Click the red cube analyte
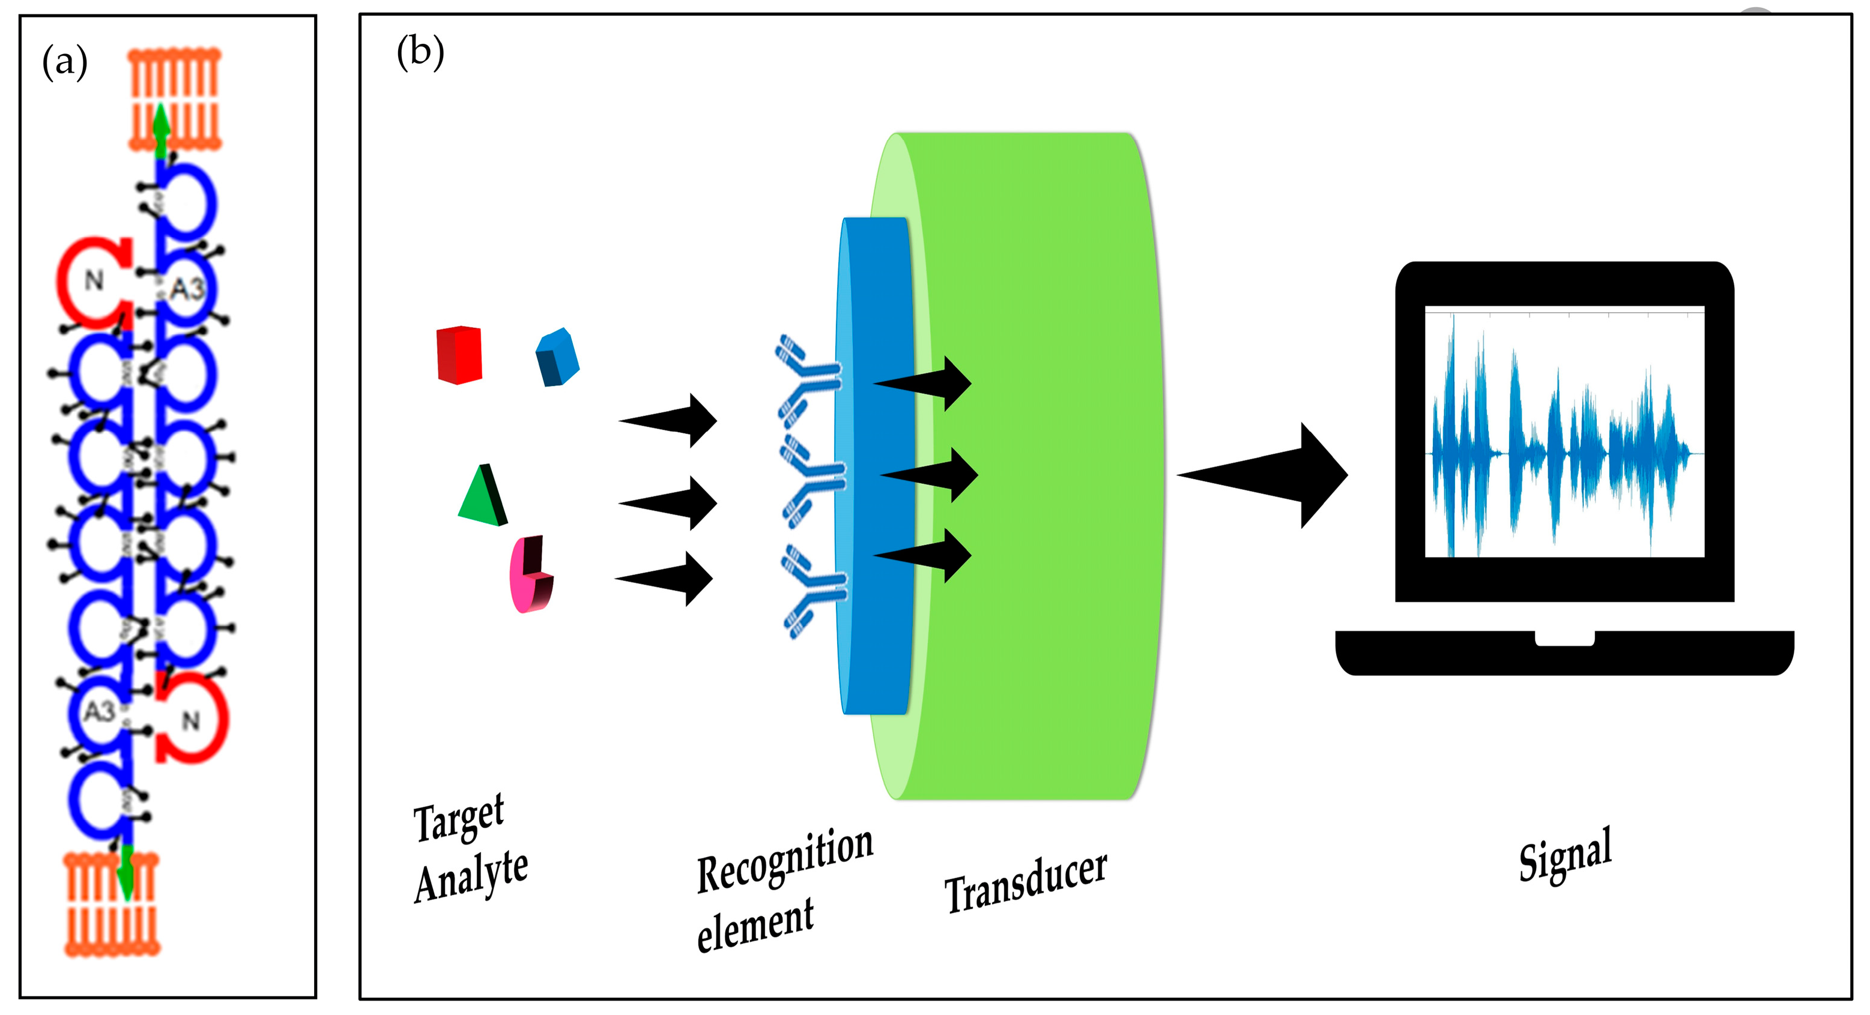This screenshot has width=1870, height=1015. coord(459,355)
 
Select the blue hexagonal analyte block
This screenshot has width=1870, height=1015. coord(557,358)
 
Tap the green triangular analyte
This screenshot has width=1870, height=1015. coord(482,497)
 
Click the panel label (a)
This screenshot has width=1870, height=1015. coord(65,62)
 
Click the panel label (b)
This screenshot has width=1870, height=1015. coord(420,53)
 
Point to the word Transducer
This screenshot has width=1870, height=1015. coord(1025,882)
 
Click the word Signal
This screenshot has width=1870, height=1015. coord(1565,855)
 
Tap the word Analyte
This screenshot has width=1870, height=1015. coord(471,875)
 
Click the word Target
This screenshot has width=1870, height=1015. coord(458,818)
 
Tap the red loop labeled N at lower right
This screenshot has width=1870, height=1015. coord(192,718)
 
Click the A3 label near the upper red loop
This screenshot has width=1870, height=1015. coord(187,289)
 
